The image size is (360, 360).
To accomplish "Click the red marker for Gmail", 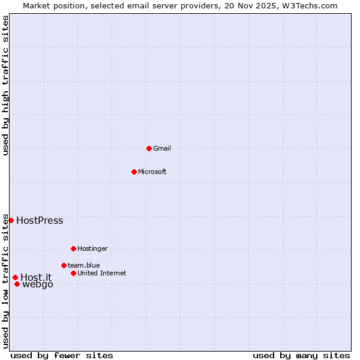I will (x=149, y=148).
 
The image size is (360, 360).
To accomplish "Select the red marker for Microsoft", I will (x=134, y=172).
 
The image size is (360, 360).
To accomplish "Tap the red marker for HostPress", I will (x=11, y=220).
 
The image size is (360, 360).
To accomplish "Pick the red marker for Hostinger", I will (x=73, y=248).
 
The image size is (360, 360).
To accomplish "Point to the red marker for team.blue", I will (x=64, y=265).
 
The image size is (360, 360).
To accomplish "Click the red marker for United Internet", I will (x=73, y=273).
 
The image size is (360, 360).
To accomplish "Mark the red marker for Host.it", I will (x=15, y=277).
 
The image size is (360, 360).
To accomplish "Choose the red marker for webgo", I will (x=17, y=284).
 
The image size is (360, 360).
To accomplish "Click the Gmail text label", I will (x=162, y=148).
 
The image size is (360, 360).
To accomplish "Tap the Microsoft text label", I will (x=152, y=172).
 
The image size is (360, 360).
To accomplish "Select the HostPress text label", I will (x=40, y=220).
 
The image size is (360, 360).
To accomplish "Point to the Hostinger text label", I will (x=92, y=248).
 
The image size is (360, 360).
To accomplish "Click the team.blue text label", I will (x=84, y=265).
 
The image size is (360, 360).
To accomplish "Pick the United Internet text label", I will (x=101, y=273).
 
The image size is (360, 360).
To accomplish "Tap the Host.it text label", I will (x=36, y=277).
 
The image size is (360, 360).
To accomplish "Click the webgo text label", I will (x=38, y=284).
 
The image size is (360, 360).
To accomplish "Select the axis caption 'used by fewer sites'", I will (x=62, y=355).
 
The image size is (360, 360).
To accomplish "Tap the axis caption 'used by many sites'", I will (x=301, y=355).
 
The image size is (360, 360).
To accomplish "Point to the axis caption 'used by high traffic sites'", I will (x=5, y=85).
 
